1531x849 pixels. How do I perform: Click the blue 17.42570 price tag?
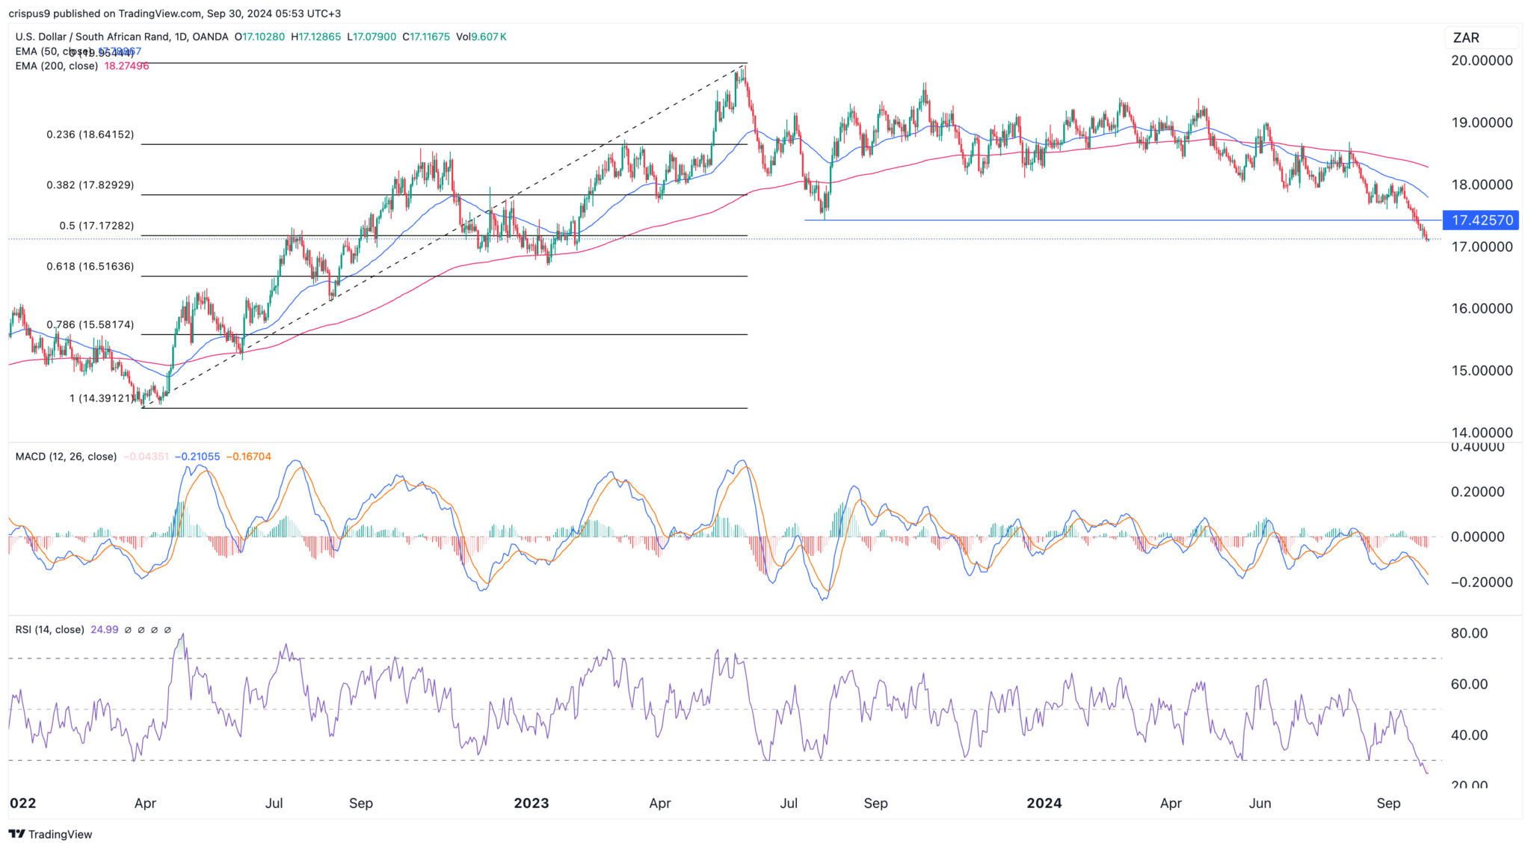click(1481, 220)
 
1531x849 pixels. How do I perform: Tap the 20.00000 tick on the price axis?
click(1481, 61)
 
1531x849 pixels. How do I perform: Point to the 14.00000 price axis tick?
click(1481, 433)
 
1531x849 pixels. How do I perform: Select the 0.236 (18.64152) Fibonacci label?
click(90, 135)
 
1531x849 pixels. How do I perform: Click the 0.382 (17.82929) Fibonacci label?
click(90, 185)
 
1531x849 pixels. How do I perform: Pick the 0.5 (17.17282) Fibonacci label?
click(96, 226)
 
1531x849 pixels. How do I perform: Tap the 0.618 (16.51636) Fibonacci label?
click(90, 266)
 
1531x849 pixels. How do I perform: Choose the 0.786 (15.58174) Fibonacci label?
click(90, 325)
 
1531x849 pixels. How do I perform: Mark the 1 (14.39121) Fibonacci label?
click(102, 398)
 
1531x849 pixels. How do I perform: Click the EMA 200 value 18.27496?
click(126, 66)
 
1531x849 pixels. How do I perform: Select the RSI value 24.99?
click(105, 630)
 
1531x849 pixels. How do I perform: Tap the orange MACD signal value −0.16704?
click(249, 457)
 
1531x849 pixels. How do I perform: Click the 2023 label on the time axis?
click(531, 803)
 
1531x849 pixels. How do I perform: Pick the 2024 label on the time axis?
click(1044, 803)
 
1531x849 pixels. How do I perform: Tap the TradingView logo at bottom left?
click(51, 834)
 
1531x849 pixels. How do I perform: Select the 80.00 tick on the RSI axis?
click(1469, 634)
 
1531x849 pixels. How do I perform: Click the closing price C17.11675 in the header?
click(426, 37)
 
